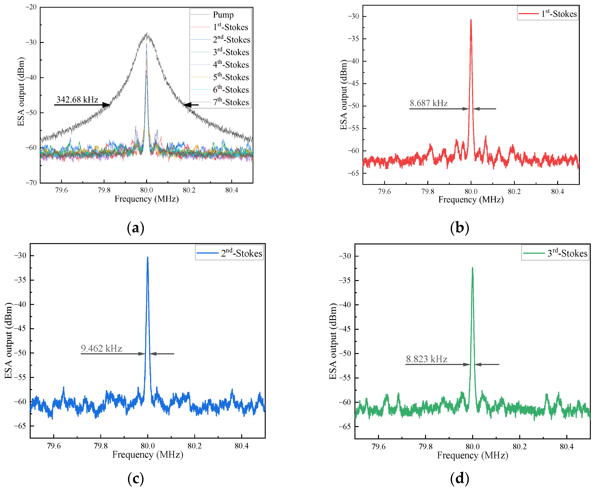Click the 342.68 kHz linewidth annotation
click(x=77, y=100)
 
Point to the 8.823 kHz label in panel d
click(x=427, y=359)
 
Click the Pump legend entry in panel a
click(x=223, y=15)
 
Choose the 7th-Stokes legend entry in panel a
click(x=231, y=102)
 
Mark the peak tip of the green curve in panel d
click(x=473, y=268)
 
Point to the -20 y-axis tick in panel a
click(x=31, y=7)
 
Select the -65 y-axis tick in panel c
click(x=20, y=426)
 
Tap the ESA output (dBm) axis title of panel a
click(x=21, y=92)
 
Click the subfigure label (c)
click(x=136, y=478)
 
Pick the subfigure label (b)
click(x=459, y=228)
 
